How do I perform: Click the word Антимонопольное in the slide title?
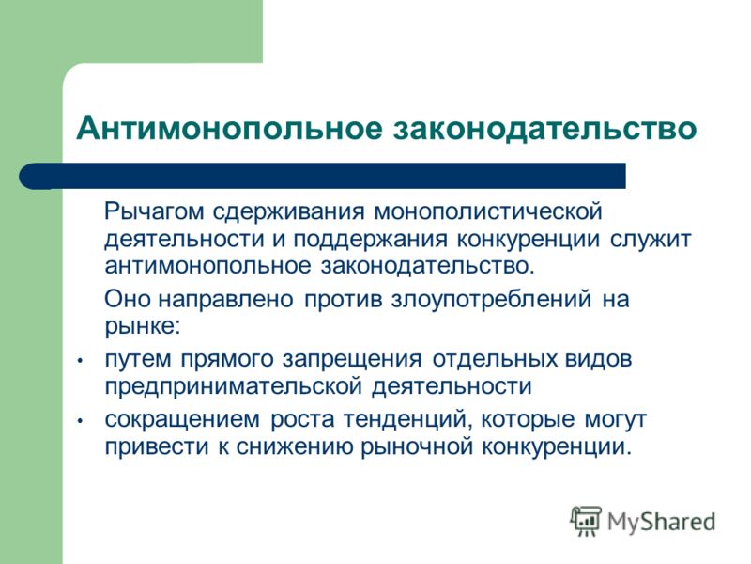[x=230, y=128]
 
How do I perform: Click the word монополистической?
[x=487, y=212]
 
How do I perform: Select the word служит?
[x=651, y=240]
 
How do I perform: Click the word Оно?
[x=127, y=299]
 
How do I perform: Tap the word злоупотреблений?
[x=491, y=300]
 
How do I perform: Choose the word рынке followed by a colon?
[x=143, y=327]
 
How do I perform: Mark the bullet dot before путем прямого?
[x=81, y=360]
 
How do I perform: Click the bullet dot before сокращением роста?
[x=81, y=420]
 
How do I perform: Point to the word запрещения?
[x=352, y=360]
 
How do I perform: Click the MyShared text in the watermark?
[x=662, y=523]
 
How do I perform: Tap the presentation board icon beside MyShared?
[x=586, y=521]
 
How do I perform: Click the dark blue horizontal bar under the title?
[x=322, y=176]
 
